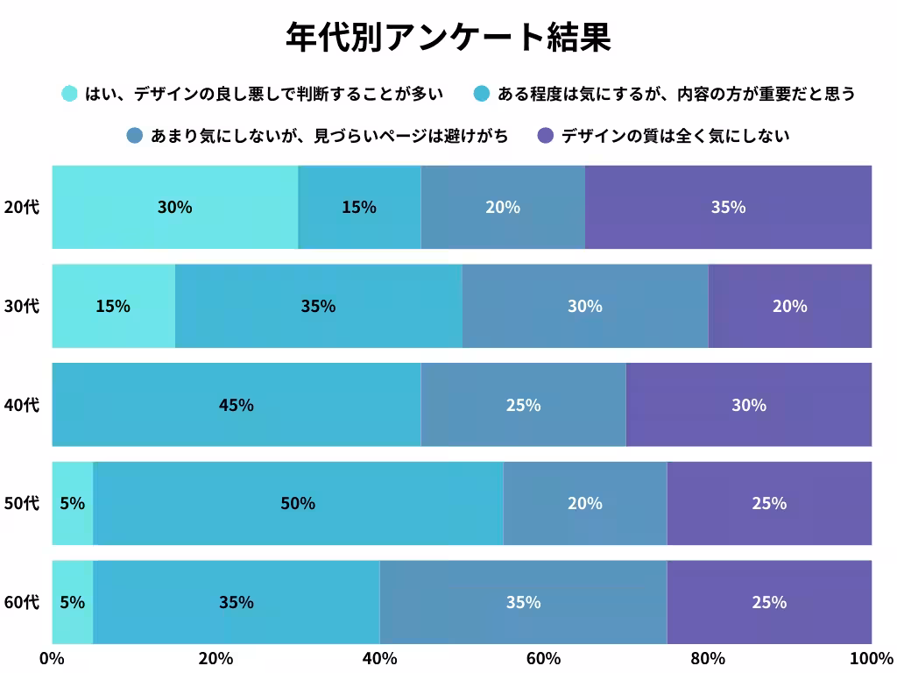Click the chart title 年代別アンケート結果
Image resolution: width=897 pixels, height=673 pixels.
coord(448,37)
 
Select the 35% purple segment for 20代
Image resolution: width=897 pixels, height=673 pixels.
coord(728,207)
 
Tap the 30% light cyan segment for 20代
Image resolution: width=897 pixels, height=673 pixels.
coord(174,207)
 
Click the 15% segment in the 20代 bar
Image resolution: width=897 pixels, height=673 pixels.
coord(359,207)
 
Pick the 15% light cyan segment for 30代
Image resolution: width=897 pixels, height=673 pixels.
coord(113,306)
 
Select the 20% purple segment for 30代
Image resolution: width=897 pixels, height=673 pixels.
coord(789,306)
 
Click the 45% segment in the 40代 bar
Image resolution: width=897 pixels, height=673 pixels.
coord(237,405)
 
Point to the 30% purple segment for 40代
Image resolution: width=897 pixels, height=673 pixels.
coord(749,405)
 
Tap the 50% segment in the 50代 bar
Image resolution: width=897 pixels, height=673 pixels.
coord(298,503)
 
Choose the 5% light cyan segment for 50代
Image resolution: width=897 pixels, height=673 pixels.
coord(73,503)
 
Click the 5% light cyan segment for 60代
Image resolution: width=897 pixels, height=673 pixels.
coord(73,602)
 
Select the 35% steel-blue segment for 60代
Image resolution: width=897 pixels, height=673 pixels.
coord(523,602)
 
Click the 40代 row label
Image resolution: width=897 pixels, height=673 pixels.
coord(21,405)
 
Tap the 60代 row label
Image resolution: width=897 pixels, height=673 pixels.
coord(21,602)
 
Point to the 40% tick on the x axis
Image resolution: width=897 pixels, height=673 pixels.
coord(379,658)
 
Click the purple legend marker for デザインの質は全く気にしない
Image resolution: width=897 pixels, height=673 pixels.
coord(546,136)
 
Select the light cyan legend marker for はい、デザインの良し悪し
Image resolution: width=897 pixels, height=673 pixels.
coord(69,93)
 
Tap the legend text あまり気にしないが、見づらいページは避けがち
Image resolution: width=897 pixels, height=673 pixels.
coord(329,136)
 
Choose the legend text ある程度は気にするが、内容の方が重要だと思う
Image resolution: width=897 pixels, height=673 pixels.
coord(675,93)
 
